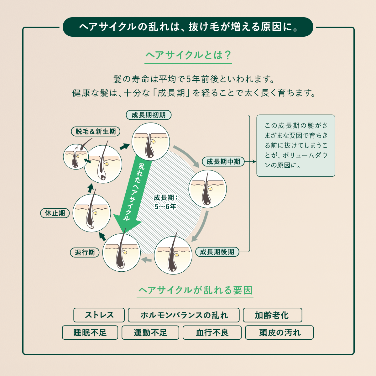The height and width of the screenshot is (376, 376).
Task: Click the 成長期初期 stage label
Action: (149, 115)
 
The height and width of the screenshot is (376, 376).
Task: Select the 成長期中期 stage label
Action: (223, 162)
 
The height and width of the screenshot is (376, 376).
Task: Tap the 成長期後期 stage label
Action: (217, 252)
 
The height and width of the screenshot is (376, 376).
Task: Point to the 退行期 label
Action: (85, 253)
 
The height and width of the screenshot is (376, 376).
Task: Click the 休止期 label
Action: (55, 213)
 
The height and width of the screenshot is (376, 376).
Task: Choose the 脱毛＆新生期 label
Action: (96, 132)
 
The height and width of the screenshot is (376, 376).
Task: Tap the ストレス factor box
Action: (99, 315)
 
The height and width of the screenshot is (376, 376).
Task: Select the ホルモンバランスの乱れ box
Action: (184, 315)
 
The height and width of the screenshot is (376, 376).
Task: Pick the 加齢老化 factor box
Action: (272, 315)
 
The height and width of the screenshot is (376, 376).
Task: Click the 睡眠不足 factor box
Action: (90, 332)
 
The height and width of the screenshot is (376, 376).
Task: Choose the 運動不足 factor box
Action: (150, 332)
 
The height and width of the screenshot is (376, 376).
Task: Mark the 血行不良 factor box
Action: (212, 332)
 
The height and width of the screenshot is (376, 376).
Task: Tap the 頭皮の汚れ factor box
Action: (279, 332)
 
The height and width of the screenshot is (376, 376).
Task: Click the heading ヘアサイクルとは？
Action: (188, 55)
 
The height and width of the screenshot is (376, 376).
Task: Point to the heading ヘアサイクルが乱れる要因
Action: (196, 290)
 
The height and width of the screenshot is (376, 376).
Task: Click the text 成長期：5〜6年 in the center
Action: (165, 202)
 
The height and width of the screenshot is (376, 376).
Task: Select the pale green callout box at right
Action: (296, 146)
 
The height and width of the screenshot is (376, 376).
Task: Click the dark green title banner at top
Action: (188, 27)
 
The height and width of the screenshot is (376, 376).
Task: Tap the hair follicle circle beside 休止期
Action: (92, 213)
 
